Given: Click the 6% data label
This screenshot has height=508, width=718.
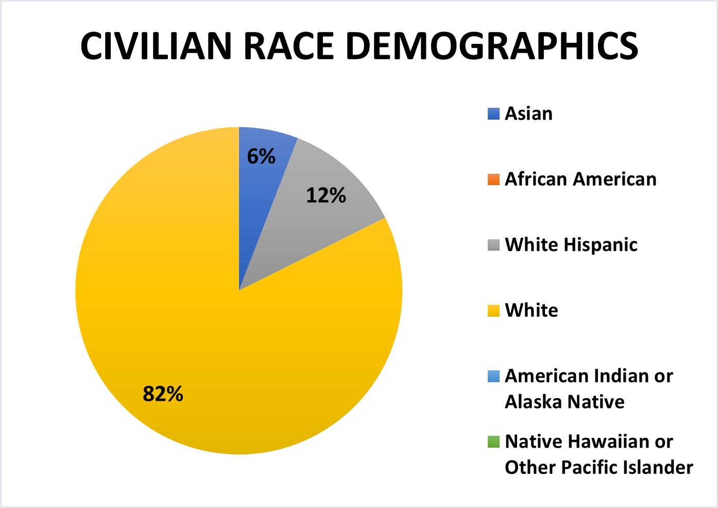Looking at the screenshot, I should [x=261, y=156].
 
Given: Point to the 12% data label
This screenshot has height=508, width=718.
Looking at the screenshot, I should [x=326, y=195].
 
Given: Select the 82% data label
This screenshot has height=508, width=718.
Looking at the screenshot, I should [x=163, y=394].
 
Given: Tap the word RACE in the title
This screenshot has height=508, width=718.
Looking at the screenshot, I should [x=288, y=46].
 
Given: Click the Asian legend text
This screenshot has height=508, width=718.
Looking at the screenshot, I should [x=528, y=113].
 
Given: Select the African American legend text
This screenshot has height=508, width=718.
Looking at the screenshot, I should [x=580, y=179].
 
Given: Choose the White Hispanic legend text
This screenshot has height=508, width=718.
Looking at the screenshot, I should [x=571, y=244].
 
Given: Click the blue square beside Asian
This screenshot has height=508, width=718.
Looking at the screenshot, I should [x=493, y=113].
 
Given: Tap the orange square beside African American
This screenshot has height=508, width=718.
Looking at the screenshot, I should [x=493, y=179].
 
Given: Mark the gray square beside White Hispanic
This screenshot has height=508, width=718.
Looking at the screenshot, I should [x=493, y=245].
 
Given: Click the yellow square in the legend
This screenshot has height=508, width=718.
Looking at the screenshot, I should [x=493, y=310].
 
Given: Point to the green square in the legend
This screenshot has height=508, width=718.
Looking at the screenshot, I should [x=493, y=442].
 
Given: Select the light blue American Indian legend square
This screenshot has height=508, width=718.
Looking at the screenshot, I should [x=493, y=376].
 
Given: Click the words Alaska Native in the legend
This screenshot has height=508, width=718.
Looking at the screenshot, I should [x=565, y=402].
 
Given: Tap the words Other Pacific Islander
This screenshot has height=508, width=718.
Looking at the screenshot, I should [x=599, y=467].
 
